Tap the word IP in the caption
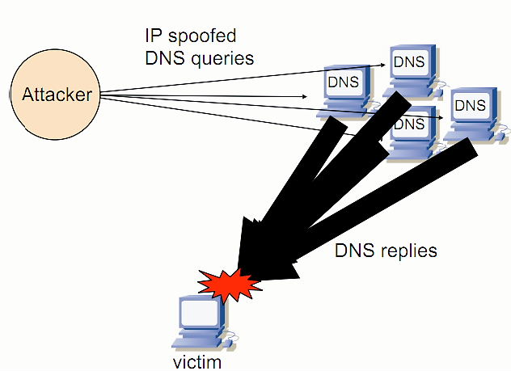153,36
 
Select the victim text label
197,361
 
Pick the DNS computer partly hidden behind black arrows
409,128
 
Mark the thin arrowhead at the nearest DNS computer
317,96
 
